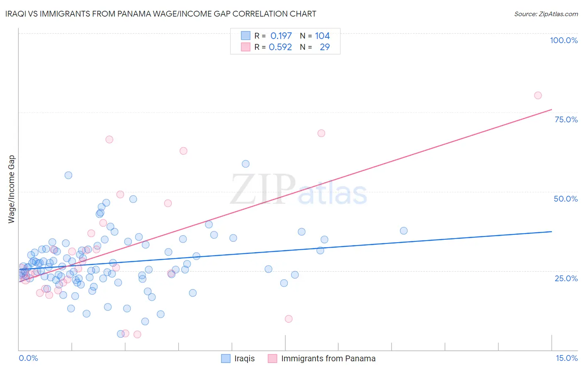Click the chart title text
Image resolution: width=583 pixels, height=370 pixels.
point(161,14)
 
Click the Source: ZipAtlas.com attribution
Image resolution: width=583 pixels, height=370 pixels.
point(546,14)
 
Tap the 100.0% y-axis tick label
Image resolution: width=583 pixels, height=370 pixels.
point(564,40)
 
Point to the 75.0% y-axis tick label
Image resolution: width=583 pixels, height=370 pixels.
point(566,119)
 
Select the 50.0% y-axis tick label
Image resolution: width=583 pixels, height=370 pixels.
point(566,199)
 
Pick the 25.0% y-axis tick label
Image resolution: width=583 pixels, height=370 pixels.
point(566,278)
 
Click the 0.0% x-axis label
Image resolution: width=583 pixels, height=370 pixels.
point(28,358)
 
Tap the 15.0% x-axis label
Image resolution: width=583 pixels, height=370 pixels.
point(566,358)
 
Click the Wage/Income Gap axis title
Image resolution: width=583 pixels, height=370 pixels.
point(12,189)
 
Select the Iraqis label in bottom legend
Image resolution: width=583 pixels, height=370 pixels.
point(244,358)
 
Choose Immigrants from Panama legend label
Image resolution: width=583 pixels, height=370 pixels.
point(328,358)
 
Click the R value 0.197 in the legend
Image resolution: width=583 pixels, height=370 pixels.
point(281,36)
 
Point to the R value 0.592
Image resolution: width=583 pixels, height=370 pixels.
point(280,47)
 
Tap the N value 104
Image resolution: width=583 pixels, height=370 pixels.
point(322,36)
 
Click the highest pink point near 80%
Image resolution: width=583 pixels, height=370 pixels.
point(538,95)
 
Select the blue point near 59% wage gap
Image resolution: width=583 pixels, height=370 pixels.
point(245,164)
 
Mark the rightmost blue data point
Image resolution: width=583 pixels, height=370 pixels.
point(403,231)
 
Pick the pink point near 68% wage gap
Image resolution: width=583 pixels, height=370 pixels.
point(321,133)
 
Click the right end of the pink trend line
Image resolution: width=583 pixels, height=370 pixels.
point(551,110)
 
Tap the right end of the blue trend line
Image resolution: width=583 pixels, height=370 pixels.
point(551,231)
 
